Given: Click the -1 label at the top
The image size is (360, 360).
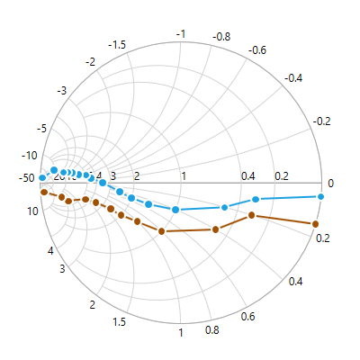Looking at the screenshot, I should click(181, 33).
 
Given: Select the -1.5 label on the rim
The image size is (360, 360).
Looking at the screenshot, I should click(116, 44).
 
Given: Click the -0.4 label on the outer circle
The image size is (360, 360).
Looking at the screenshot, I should click(293, 78).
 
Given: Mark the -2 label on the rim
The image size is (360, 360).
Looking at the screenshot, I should click(90, 61).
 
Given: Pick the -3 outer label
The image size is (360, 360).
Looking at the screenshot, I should click(61, 91).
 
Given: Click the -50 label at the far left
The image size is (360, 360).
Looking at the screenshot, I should click(26, 178).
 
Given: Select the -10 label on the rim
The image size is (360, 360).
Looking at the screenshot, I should click(29, 156).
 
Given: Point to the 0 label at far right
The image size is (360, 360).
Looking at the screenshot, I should click(330, 184).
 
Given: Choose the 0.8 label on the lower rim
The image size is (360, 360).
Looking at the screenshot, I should click(212, 330).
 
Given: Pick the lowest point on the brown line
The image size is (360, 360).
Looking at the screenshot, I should click(162, 231).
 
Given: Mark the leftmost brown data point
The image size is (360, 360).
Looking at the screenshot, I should click(42, 192).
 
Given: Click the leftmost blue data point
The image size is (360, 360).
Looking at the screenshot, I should click(42, 177).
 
